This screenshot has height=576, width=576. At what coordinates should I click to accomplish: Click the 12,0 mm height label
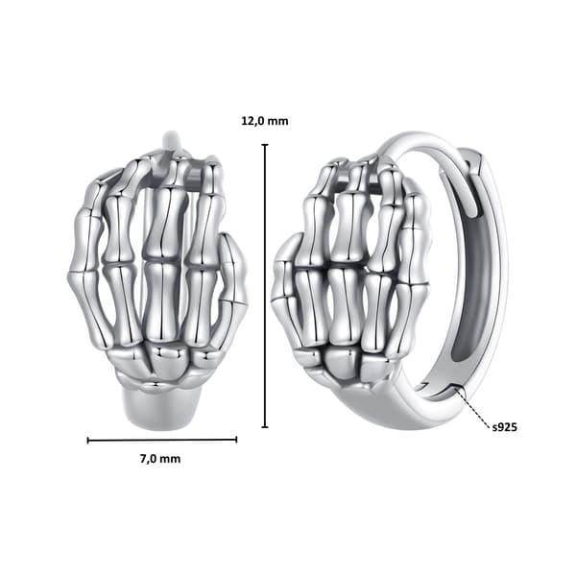[x=265, y=121]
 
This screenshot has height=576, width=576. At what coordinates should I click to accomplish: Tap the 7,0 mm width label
[x=160, y=459]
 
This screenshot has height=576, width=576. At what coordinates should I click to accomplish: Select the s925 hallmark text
[x=504, y=427]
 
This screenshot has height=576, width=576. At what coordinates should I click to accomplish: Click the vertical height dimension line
[x=265, y=286]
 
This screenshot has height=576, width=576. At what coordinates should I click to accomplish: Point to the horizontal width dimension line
[x=162, y=440]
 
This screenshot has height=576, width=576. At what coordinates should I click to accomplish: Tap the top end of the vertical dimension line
[x=265, y=145]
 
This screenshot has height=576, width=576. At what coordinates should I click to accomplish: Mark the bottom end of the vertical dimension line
[x=265, y=427]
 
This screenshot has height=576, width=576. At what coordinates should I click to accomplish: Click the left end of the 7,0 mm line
[x=87, y=440]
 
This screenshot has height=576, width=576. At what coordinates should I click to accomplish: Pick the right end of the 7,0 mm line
[x=236, y=440]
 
